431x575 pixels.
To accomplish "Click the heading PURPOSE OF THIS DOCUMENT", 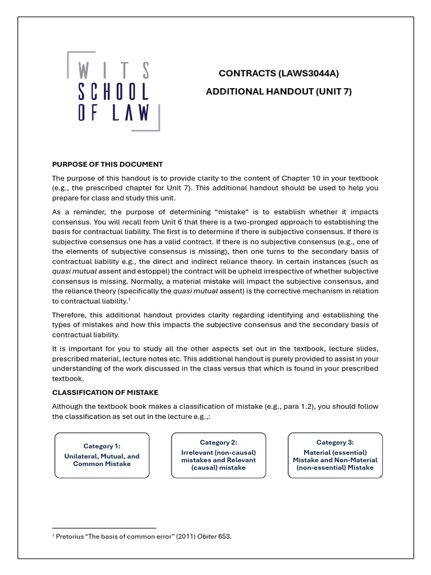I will point(107,165).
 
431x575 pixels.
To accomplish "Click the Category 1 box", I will point(102,455).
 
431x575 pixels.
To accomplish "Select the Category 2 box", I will point(218,455).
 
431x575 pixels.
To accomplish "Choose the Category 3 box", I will point(335,455).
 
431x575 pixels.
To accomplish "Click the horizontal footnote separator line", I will point(104,528).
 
